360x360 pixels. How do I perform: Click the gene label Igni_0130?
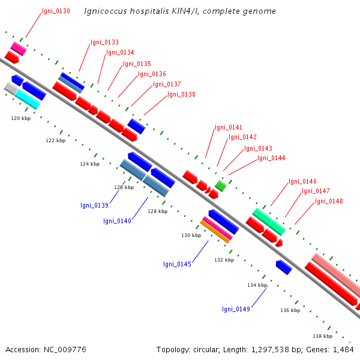pyautogui.click(x=56, y=11)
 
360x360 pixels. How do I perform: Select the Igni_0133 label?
pyautogui.click(x=104, y=42)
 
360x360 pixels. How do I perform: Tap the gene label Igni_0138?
pyautogui.click(x=181, y=94)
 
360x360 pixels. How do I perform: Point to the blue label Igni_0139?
pyautogui.click(x=94, y=205)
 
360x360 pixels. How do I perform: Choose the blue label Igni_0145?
pyautogui.click(x=177, y=264)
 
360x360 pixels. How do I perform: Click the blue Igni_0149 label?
pyautogui.click(x=236, y=309)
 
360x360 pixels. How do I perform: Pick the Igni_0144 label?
pyautogui.click(x=271, y=158)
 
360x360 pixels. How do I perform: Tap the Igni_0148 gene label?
pyautogui.click(x=329, y=202)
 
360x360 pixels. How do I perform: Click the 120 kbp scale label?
pyautogui.click(x=20, y=118)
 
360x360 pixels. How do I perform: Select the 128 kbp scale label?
pyautogui.click(x=157, y=211)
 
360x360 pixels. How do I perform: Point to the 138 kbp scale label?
pyautogui.click(x=323, y=336)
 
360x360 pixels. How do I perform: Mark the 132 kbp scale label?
pyautogui.click(x=224, y=260)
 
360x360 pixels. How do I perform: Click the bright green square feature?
pyautogui.click(x=221, y=186)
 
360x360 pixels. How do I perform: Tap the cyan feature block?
pyautogui.click(x=28, y=100)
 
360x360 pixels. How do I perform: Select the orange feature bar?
pyautogui.click(x=215, y=232)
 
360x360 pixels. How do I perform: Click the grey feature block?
pyautogui.click(x=11, y=88)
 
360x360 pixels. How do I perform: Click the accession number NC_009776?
pyautogui.click(x=65, y=350)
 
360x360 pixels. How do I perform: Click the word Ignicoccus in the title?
pyautogui.click(x=106, y=11)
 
